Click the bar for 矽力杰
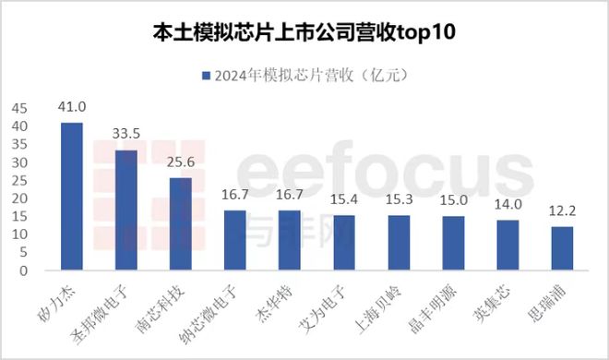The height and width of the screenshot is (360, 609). (x=72, y=198)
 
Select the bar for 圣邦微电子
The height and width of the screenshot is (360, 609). (x=126, y=211)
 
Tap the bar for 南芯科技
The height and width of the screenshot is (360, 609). (x=181, y=225)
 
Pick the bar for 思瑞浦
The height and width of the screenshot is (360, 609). (x=562, y=249)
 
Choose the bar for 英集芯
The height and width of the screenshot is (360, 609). (x=507, y=246)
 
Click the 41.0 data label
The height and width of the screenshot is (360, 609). (x=72, y=109)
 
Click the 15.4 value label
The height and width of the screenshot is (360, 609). (x=344, y=202)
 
